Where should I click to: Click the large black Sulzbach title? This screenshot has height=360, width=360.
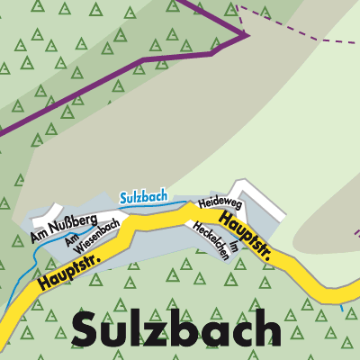coord(175,329)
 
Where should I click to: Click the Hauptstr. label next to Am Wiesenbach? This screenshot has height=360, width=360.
coord(68,270)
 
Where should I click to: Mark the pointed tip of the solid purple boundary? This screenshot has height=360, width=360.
coord(246,35)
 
